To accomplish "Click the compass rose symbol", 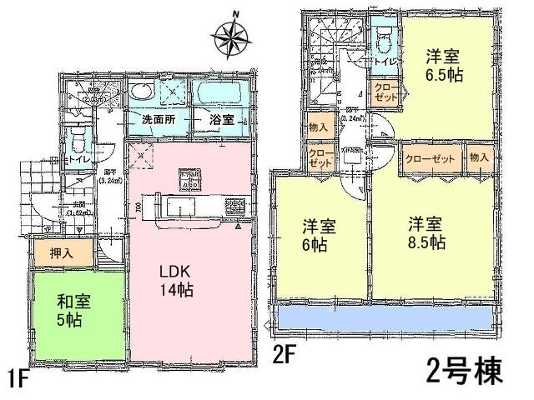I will pyautogui.click(x=235, y=35).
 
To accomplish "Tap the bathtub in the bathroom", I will pyautogui.click(x=220, y=91).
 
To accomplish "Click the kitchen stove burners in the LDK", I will pyautogui.click(x=233, y=204).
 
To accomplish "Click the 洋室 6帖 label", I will pyautogui.click(x=315, y=236).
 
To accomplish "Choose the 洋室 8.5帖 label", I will pyautogui.click(x=426, y=236).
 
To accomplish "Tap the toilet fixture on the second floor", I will pyautogui.click(x=385, y=42).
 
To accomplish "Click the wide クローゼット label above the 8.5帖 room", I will pyautogui.click(x=431, y=157).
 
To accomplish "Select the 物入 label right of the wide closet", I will pyautogui.click(x=479, y=157).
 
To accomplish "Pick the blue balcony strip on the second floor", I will pyautogui.click(x=385, y=317).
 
